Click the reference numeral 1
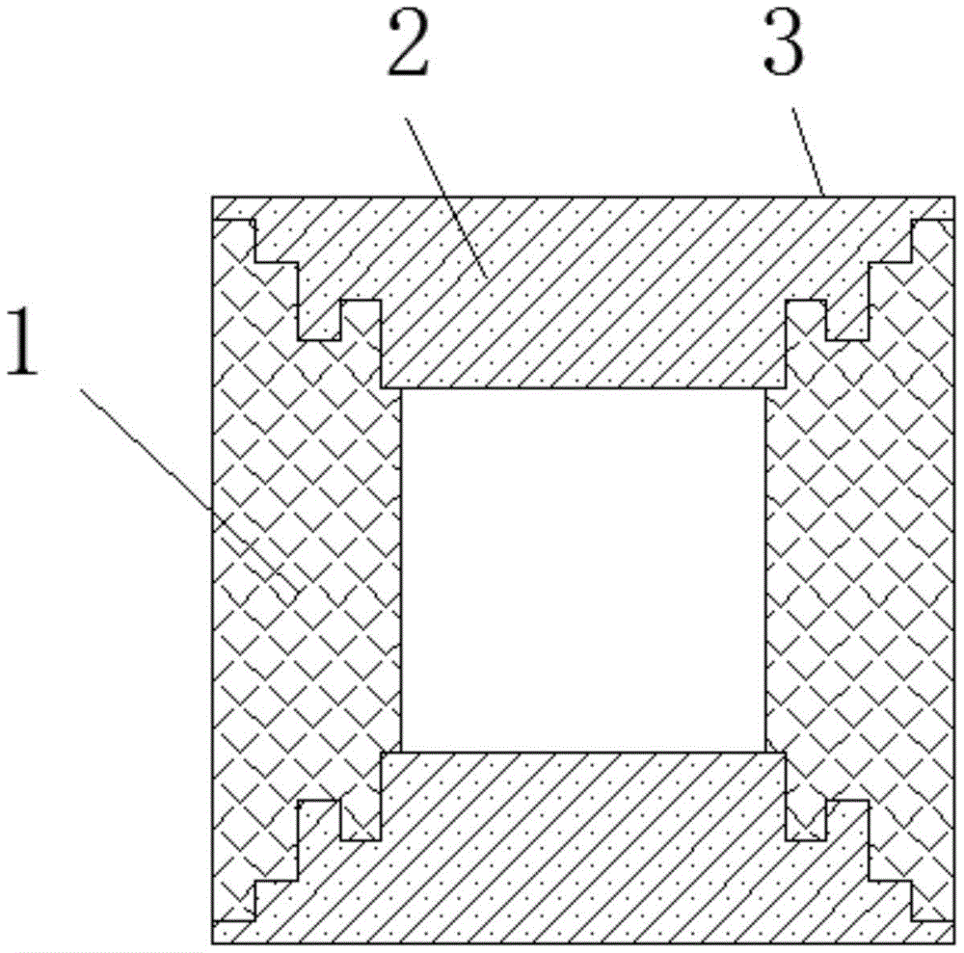click(x=23, y=341)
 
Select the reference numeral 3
click(x=783, y=43)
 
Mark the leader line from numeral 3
click(x=807, y=152)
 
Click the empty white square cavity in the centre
click(x=583, y=569)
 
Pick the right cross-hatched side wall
click(x=861, y=569)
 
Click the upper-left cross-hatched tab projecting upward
click(x=360, y=320)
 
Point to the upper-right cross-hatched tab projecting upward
click(x=805, y=320)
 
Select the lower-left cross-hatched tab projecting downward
click(x=360, y=820)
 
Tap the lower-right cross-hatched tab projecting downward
click(x=805, y=820)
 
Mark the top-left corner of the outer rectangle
click(x=213, y=198)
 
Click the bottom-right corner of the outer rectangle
click(x=954, y=943)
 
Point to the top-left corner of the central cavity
click(x=401, y=388)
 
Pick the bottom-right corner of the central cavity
click(x=766, y=751)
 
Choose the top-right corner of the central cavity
click(x=766, y=388)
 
